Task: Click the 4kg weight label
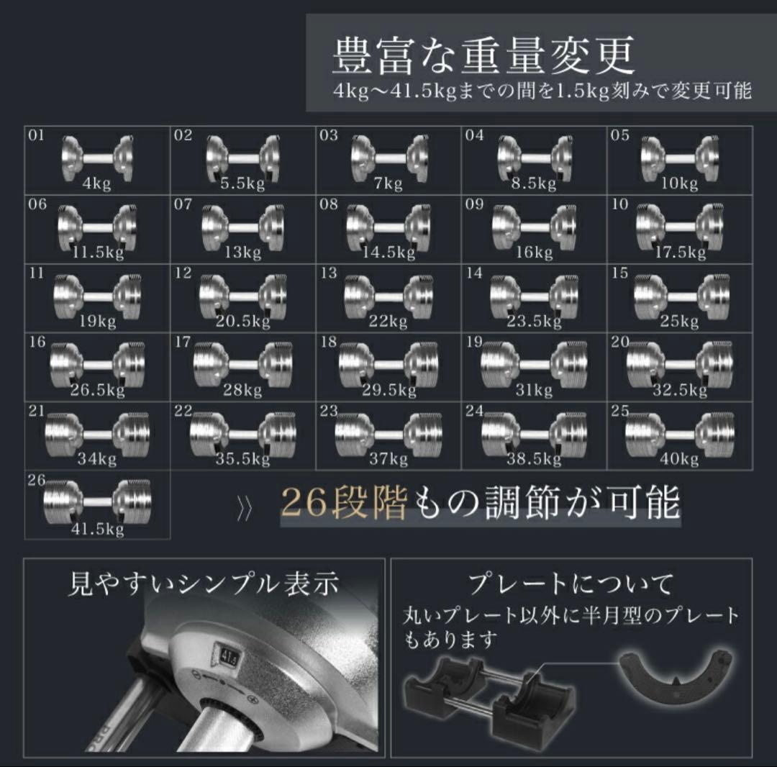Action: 96,183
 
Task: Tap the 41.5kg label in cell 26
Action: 97,529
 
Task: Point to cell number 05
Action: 619,135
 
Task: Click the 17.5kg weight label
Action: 681,253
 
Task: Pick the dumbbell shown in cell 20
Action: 679,365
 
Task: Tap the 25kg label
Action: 679,321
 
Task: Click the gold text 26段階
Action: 345,503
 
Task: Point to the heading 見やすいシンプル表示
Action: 203,584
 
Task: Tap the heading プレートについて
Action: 571,584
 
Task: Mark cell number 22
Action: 183,411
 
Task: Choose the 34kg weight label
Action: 96,459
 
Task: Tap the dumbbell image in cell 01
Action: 97,158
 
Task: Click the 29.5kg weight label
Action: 389,390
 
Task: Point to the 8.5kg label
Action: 534,183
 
